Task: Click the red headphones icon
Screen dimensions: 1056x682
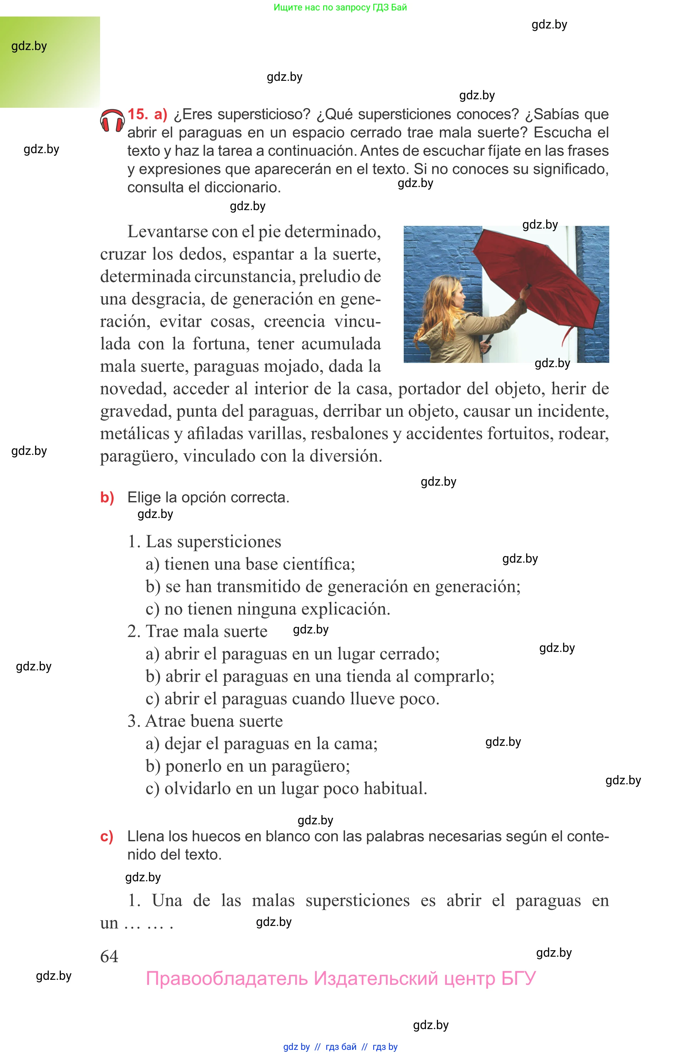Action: [x=112, y=121]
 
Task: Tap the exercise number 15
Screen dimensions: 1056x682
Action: [x=137, y=114]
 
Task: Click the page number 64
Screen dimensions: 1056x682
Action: [x=109, y=956]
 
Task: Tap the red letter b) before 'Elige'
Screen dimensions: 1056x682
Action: [x=107, y=497]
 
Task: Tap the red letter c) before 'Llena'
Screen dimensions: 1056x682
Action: [x=106, y=836]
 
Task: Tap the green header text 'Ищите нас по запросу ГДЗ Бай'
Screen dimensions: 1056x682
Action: [x=340, y=7]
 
